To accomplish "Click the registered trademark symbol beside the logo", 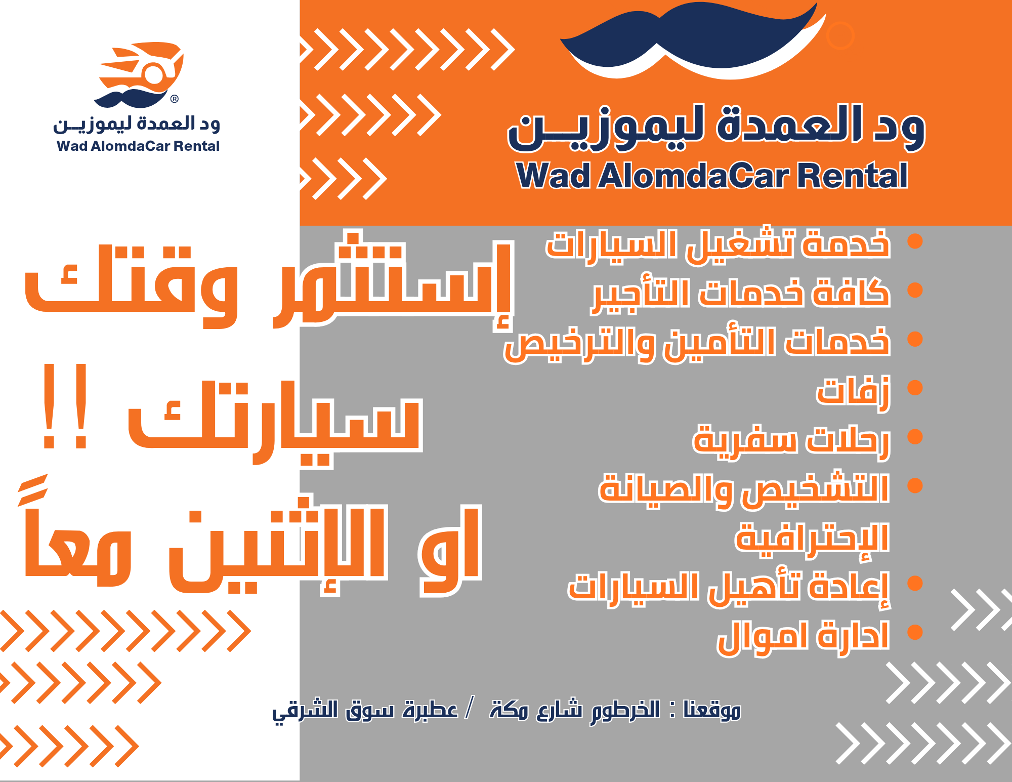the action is [175, 99].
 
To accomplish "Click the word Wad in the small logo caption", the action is [72, 146].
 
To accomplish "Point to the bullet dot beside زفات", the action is [915, 388].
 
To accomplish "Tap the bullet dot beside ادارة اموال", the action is [915, 632].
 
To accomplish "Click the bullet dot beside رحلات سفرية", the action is [915, 437].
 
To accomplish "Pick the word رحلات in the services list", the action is [848, 440].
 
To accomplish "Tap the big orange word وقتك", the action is [132, 286].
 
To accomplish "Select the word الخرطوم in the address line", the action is [625, 711].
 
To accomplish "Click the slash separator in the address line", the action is [470, 708].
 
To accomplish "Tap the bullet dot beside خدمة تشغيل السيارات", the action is [915, 241].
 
